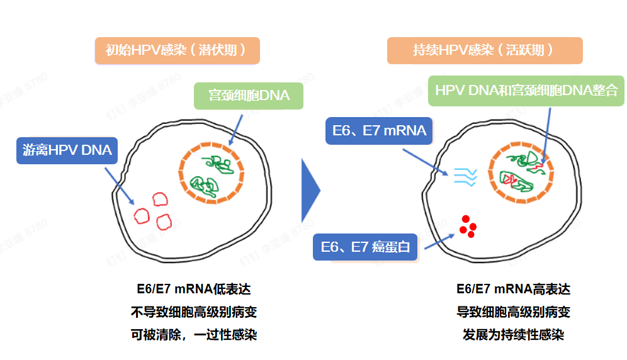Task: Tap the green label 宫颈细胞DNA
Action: (x=249, y=96)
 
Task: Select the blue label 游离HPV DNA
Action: (x=67, y=150)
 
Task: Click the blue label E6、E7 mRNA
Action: (x=379, y=131)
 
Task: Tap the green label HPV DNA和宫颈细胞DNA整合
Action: (x=526, y=91)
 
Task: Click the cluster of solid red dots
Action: (x=468, y=227)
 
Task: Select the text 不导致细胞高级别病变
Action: (x=194, y=312)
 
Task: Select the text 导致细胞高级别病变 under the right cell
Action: (x=513, y=312)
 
